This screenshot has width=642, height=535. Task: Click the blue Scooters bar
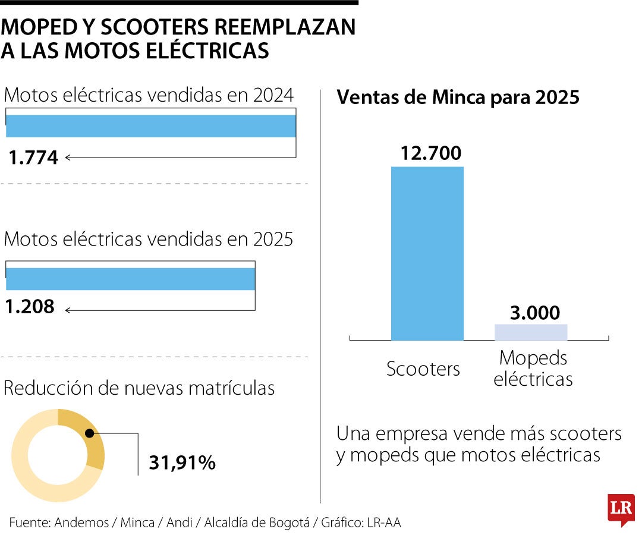[427, 253]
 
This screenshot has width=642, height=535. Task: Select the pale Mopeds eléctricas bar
[531, 332]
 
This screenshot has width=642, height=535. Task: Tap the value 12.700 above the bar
[430, 153]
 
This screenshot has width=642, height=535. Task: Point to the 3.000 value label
[534, 313]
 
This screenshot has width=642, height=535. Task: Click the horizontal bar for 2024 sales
[151, 126]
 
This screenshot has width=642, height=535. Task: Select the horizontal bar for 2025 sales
[130, 279]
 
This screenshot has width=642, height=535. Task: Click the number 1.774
[33, 158]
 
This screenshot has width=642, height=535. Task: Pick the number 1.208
[30, 307]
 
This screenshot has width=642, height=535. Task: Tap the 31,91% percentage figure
[182, 462]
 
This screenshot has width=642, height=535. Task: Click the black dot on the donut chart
[89, 434]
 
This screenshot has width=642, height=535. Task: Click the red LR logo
[621, 509]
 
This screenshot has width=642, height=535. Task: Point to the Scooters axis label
[423, 369]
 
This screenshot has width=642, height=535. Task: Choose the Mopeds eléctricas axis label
[533, 369]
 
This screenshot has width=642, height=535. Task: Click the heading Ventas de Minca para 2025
[458, 97]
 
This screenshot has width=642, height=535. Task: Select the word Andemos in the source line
[81, 523]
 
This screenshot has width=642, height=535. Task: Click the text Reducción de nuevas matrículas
[139, 388]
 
